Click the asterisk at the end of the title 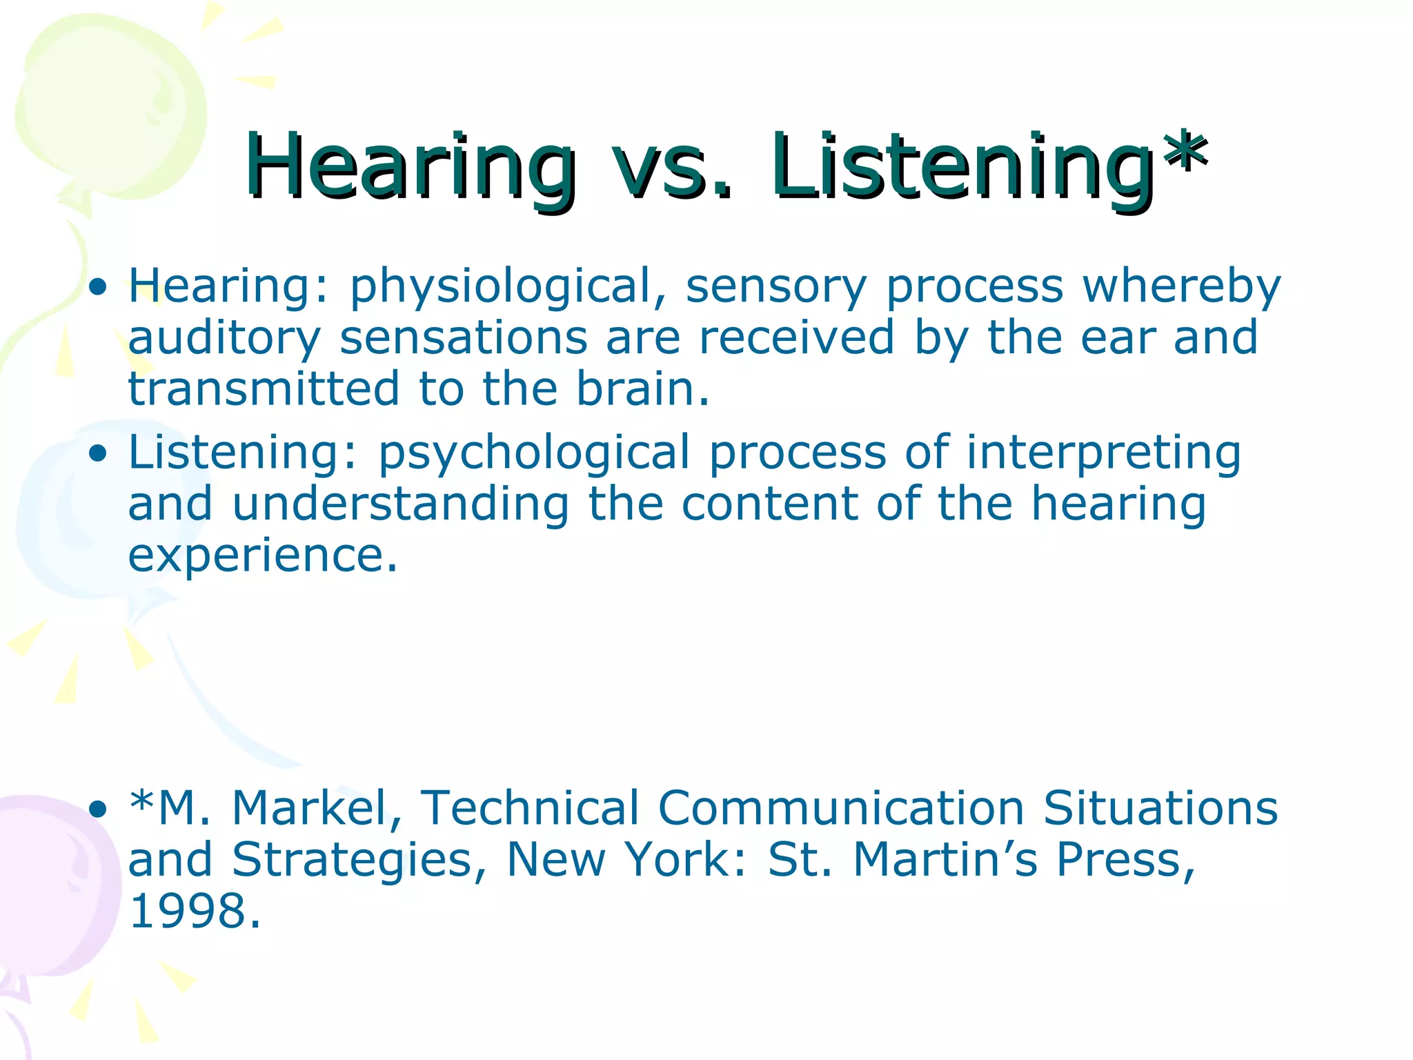tap(1185, 153)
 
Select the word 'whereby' tap(1181, 287)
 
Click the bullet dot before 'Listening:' tap(99, 453)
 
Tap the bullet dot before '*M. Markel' tap(99, 808)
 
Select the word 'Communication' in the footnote tap(840, 808)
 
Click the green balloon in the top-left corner tap(110, 104)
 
